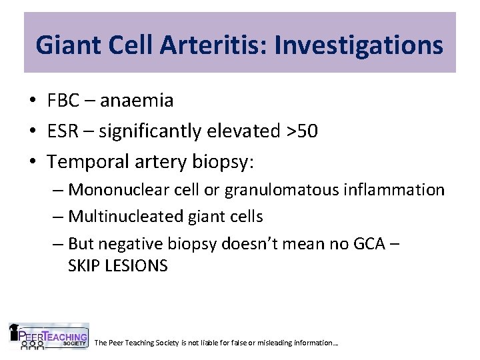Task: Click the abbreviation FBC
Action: (63, 101)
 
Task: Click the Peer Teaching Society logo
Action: (48, 337)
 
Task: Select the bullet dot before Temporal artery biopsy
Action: (32, 162)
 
